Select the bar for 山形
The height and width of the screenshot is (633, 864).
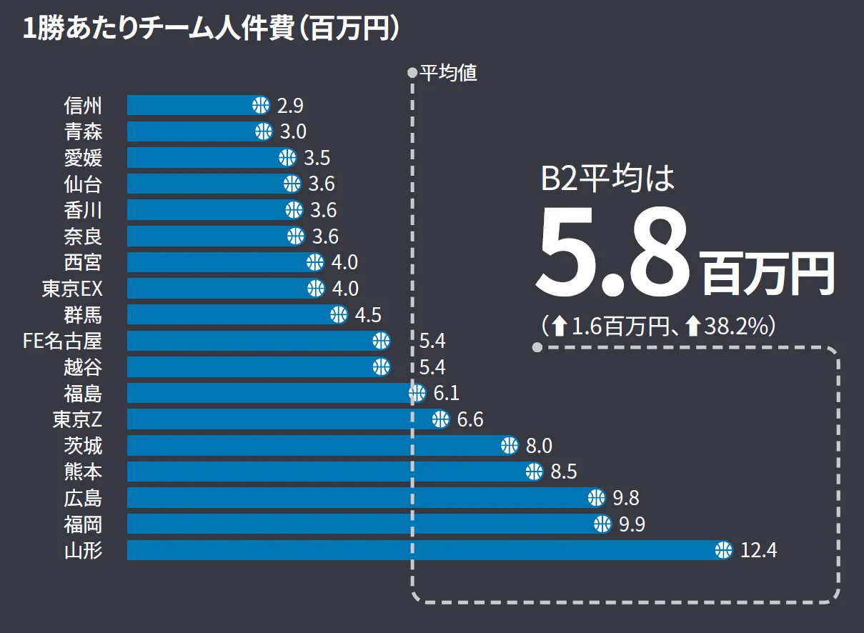tap(422, 550)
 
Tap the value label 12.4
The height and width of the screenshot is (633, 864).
tap(759, 551)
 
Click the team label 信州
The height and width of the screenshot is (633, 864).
tap(83, 106)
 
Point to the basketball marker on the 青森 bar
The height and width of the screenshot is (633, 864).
tap(264, 131)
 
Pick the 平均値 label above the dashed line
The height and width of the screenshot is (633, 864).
tap(448, 73)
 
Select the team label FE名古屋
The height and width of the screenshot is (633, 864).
tap(63, 341)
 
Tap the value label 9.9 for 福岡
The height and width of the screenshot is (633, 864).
tap(632, 524)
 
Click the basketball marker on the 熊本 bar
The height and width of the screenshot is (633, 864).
tap(534, 472)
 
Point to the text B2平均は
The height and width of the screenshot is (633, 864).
tap(607, 179)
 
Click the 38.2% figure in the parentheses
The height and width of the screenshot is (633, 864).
tap(735, 327)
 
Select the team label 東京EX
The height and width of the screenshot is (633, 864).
tap(72, 289)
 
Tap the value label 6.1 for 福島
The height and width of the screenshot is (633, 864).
tap(446, 394)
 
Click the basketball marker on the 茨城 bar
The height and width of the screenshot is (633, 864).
tap(509, 446)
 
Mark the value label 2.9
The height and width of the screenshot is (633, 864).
tap(290, 106)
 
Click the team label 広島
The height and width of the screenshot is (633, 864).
tap(83, 498)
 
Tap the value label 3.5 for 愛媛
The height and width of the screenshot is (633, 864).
tap(317, 158)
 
